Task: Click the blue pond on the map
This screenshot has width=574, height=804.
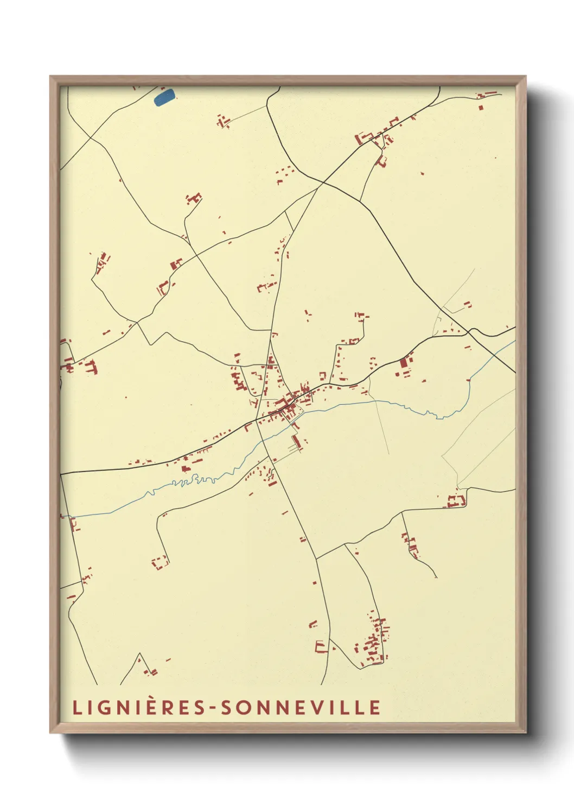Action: [x=164, y=97]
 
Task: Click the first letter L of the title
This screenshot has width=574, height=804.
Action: [x=76, y=708]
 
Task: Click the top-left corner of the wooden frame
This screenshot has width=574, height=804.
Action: [x=51, y=77]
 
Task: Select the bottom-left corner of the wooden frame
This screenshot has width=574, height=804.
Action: [x=51, y=732]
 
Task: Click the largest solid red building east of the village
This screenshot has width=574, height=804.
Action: [x=403, y=363]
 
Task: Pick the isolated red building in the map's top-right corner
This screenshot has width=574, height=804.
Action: [x=481, y=107]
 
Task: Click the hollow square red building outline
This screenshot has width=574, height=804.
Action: [x=160, y=562]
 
